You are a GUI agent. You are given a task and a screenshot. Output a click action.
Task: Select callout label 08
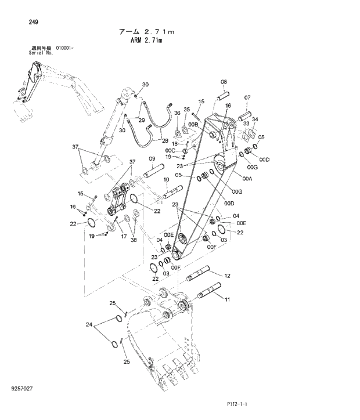pyautogui.click(x=224, y=82)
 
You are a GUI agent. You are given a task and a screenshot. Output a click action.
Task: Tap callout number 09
pyautogui.click(x=152, y=158)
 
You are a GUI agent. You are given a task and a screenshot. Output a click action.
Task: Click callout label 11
pyautogui.click(x=228, y=299)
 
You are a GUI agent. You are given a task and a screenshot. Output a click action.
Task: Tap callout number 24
pyautogui.click(x=89, y=325)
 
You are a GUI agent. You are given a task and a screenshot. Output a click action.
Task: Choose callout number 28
pyautogui.click(x=165, y=141)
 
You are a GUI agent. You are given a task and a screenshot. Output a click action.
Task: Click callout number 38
pyautogui.click(x=134, y=240)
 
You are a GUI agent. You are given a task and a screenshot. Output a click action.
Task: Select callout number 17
pyautogui.click(x=124, y=236)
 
